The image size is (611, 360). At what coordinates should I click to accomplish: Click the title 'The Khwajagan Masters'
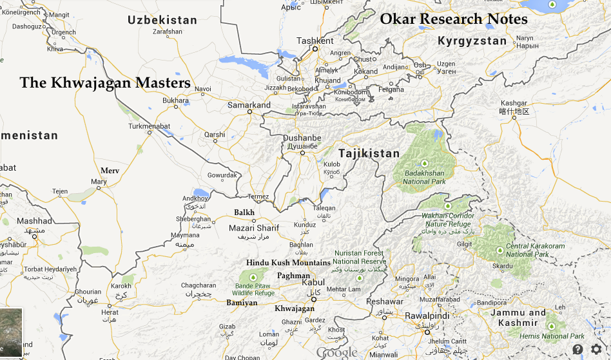[105, 83]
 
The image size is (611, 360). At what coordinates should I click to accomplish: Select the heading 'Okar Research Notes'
[454, 19]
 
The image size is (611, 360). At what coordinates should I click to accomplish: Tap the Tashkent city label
[315, 41]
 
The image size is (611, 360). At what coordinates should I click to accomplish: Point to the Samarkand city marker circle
[249, 112]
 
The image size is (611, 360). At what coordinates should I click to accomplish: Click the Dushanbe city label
[301, 138]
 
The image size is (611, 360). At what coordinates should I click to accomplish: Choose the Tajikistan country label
[369, 153]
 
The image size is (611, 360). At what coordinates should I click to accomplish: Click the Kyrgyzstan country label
[472, 41]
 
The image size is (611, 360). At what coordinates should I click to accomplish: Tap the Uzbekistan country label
[162, 20]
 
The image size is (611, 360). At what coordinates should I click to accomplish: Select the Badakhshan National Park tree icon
[425, 164]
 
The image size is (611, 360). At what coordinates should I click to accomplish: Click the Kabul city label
[313, 282]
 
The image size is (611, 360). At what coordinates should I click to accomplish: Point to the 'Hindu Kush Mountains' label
[288, 263]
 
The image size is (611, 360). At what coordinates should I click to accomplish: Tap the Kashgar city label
[514, 103]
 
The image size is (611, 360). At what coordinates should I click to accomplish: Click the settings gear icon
[596, 349]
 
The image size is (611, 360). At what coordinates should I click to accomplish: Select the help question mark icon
[577, 349]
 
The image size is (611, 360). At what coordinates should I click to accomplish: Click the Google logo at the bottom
[336, 352]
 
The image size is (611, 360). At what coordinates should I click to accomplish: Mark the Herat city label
[110, 312]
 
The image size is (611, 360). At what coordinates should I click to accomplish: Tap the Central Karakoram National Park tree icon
[499, 250]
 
